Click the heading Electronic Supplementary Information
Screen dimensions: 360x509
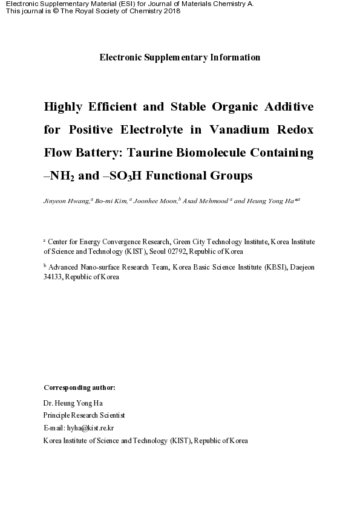tap(180, 57)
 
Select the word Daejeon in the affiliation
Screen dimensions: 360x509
tap(302, 267)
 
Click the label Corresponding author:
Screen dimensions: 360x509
tap(79, 387)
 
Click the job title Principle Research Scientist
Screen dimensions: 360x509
tap(84, 415)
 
